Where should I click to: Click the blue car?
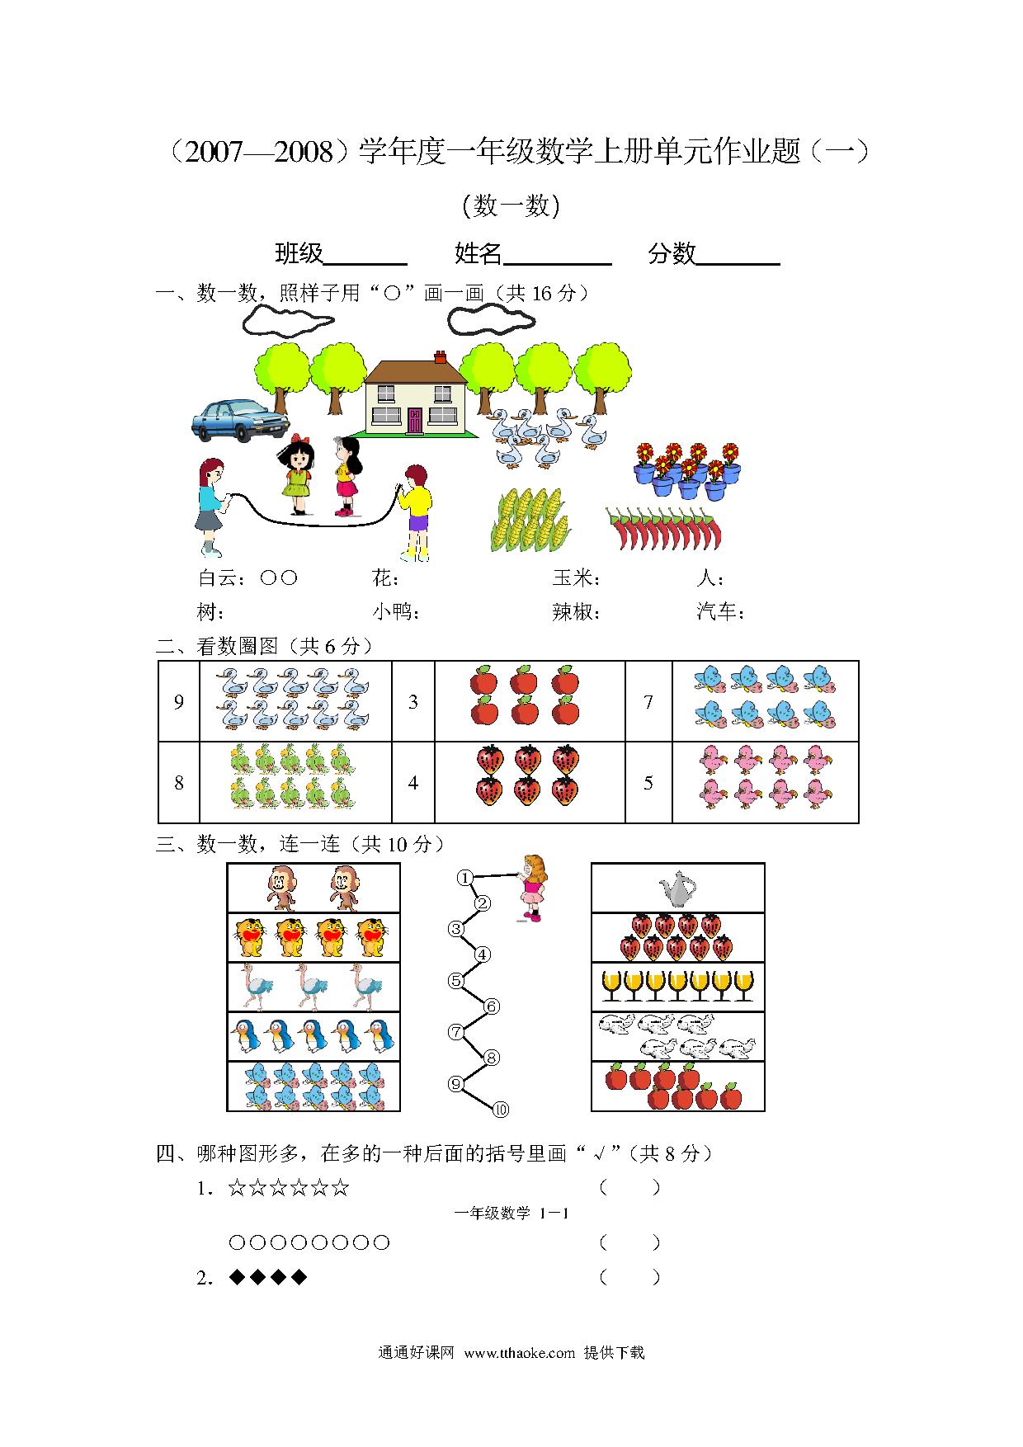click(240, 421)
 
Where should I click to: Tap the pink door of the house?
click(414, 420)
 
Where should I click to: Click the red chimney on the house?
click(440, 357)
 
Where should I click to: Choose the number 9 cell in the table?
click(179, 702)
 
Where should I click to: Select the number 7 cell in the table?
click(648, 702)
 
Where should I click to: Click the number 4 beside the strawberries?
click(413, 782)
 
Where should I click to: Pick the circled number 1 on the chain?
click(465, 878)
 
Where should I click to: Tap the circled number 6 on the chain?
click(492, 1006)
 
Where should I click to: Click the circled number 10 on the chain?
click(501, 1110)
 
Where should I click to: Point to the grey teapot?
click(677, 888)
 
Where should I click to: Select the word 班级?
click(299, 253)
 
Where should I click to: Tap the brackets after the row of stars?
click(630, 1189)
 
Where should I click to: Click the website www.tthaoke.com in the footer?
click(519, 1353)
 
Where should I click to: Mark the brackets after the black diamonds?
click(630, 1278)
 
